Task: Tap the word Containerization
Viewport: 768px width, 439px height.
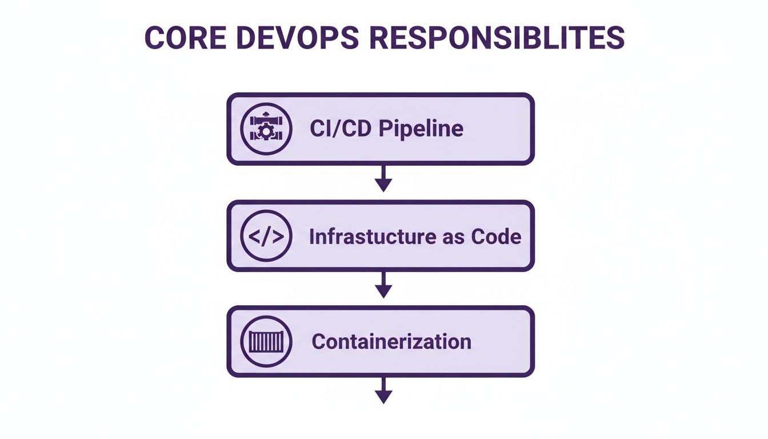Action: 391,342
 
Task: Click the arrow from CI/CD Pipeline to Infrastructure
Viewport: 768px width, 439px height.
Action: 383,178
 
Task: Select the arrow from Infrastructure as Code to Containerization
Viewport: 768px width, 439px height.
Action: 383,284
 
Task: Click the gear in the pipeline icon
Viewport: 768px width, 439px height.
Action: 266,132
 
